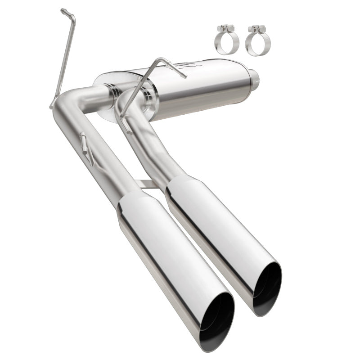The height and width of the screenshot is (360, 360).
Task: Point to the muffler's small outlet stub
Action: (253, 76)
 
